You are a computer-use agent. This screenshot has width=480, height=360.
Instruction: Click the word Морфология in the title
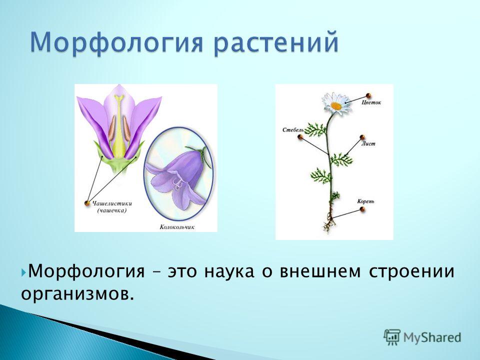tap(116, 42)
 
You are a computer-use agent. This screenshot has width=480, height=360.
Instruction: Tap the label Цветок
tap(371, 102)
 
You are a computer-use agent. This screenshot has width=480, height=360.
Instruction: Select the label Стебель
tap(293, 130)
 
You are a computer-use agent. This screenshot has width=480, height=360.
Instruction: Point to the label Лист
tap(368, 143)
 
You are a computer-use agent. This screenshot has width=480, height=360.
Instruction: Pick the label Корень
tap(365, 201)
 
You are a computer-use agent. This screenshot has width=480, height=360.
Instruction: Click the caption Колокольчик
tap(177, 227)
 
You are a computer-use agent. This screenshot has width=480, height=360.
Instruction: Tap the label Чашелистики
tap(112, 203)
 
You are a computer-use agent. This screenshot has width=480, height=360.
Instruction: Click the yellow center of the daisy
tap(336, 106)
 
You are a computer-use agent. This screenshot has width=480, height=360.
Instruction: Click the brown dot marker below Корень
tap(362, 209)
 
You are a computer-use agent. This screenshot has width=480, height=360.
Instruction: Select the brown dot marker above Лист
tap(362, 137)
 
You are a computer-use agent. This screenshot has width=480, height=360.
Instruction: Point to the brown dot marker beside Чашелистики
tap(87, 203)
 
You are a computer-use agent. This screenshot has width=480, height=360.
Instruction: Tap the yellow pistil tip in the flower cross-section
tap(119, 98)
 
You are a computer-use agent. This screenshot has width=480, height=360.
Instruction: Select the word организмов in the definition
tap(78, 294)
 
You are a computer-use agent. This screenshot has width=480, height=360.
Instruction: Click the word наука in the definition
tap(228, 271)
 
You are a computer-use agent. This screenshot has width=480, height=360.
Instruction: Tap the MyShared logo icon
tap(392, 337)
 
